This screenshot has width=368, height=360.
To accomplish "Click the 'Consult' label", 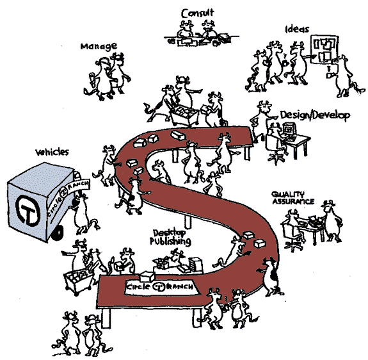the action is click(197, 13).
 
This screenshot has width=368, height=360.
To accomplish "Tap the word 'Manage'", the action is click(99, 46).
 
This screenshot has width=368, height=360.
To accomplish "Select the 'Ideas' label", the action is click(297, 29).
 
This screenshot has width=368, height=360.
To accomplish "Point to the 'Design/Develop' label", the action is click(315, 115).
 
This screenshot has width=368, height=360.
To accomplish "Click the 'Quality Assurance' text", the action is click(292, 198).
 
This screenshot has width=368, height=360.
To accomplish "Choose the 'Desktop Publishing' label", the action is click(170, 237).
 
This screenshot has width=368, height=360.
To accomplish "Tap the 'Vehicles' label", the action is click(52, 152).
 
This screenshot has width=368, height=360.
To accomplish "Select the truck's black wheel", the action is click(57, 233).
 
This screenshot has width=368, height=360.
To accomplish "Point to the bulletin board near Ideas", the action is click(324, 49).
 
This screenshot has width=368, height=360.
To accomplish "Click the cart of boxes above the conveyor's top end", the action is click(184, 115).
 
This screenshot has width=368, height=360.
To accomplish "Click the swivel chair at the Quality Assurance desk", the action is click(291, 235).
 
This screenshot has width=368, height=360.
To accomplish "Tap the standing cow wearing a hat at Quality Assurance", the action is click(332, 221).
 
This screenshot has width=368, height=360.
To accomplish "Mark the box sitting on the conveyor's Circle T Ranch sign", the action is click(147, 276).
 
